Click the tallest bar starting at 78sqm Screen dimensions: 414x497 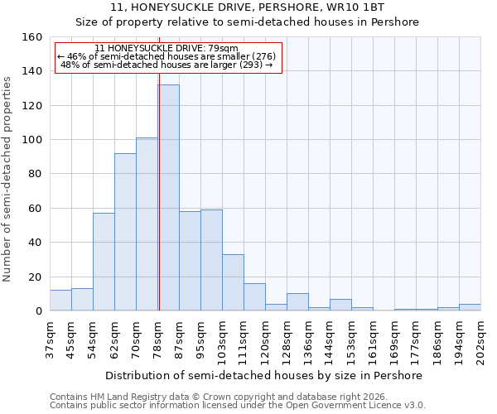pos(168,198)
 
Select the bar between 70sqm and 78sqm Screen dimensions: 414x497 pos(147,224)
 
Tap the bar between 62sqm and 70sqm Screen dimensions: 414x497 pos(125,232)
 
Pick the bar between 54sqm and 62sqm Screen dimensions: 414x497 pos(104,262)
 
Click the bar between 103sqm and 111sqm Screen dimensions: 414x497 pos(233,282)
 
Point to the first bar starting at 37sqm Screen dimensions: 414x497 pos(60,301)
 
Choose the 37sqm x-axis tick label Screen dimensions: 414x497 pos(50,339)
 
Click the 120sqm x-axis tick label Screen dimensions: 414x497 pos(265,339)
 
